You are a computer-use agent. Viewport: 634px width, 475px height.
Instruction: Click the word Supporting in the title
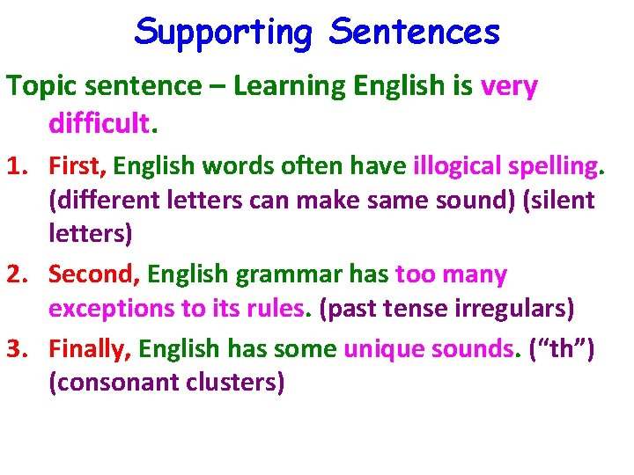(225, 33)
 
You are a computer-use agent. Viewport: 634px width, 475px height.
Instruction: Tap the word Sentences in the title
(414, 33)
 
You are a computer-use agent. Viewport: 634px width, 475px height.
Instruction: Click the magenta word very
(509, 86)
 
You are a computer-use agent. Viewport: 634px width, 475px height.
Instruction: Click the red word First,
(77, 165)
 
